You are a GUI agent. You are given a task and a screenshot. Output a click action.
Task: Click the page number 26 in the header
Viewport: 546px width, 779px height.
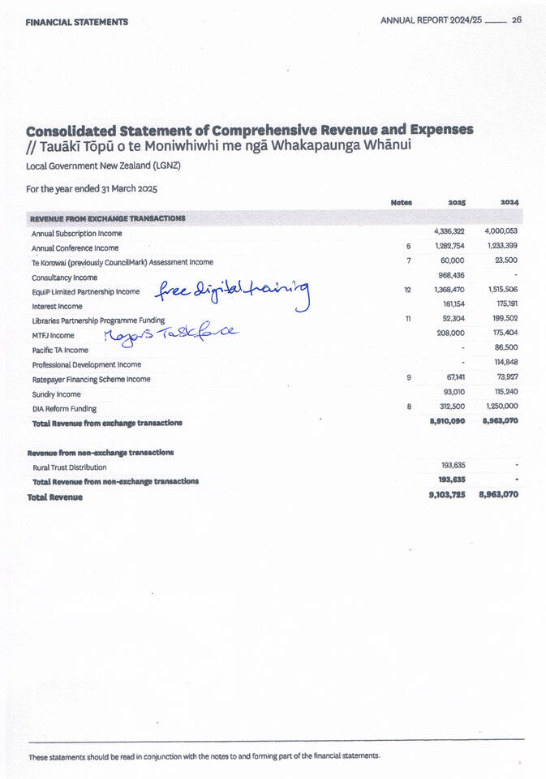pyautogui.click(x=516, y=21)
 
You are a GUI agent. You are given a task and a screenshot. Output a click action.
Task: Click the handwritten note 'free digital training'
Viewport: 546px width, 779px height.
pyautogui.click(x=233, y=294)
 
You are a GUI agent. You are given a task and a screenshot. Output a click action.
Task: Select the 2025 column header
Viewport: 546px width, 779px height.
pyautogui.click(x=455, y=202)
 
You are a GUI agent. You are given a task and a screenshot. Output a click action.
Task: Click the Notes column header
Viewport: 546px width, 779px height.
pyautogui.click(x=401, y=202)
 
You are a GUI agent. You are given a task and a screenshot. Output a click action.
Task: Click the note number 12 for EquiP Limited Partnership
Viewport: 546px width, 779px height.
pyautogui.click(x=408, y=290)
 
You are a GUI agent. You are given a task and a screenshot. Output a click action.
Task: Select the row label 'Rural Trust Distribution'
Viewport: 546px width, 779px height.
pyautogui.click(x=69, y=467)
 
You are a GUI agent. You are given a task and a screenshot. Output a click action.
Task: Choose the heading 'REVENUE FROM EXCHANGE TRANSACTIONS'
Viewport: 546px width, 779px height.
pyautogui.click(x=108, y=218)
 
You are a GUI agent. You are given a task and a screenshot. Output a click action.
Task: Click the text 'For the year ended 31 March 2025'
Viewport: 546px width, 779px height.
pyautogui.click(x=92, y=188)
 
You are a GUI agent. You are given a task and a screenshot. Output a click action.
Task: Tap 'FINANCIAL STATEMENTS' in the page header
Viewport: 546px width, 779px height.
pyautogui.click(x=76, y=22)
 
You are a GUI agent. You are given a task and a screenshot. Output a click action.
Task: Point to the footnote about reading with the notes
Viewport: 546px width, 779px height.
pyautogui.click(x=204, y=756)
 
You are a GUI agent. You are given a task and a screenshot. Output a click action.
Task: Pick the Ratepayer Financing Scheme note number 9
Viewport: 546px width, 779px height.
pyautogui.click(x=409, y=377)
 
